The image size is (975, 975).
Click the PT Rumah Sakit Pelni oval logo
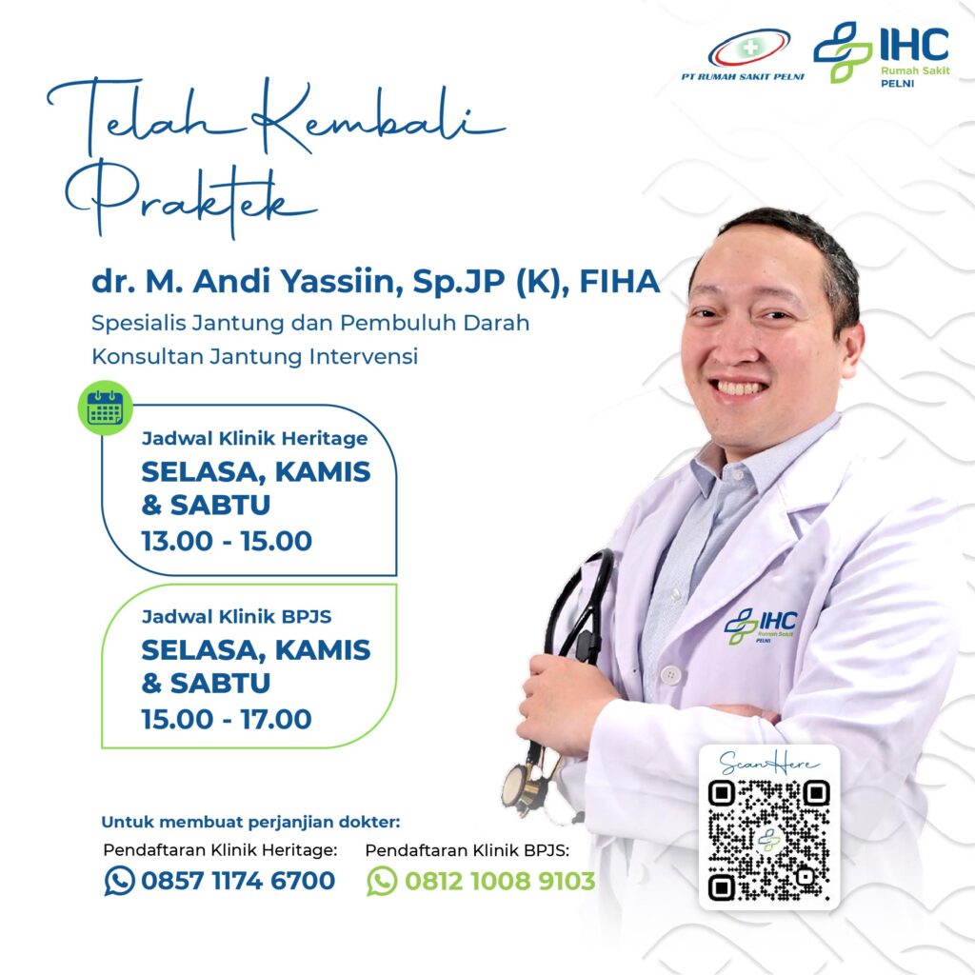click(748, 48)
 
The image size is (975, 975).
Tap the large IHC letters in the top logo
click(914, 44)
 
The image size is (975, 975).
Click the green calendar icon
click(105, 408)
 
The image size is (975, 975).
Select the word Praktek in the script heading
click(189, 198)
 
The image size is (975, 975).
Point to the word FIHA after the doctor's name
click(619, 281)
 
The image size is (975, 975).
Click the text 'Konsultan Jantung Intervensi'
click(255, 357)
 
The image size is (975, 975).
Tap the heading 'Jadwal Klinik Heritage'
click(255, 438)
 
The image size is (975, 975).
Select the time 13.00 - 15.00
click(227, 541)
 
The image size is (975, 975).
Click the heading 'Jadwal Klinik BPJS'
click(237, 616)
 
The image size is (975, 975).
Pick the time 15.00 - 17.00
click(227, 720)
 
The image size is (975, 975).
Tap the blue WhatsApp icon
click(119, 881)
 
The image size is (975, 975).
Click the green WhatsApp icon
click(382, 881)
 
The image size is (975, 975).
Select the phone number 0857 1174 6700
click(238, 881)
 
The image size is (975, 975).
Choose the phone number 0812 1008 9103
click(500, 881)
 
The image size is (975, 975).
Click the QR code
click(768, 840)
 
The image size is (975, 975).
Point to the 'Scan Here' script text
click(768, 763)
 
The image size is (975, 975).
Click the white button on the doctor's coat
click(670, 674)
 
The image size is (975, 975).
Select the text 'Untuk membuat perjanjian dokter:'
click(250, 822)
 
